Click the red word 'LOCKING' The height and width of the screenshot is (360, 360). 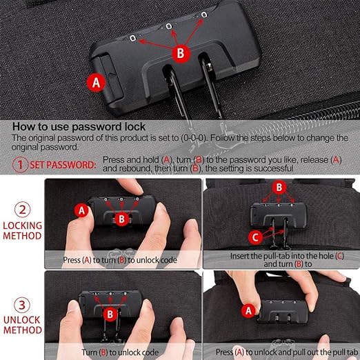[23, 225]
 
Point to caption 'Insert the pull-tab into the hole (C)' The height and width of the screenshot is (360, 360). [281, 256]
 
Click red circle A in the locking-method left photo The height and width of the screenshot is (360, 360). [82, 209]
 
